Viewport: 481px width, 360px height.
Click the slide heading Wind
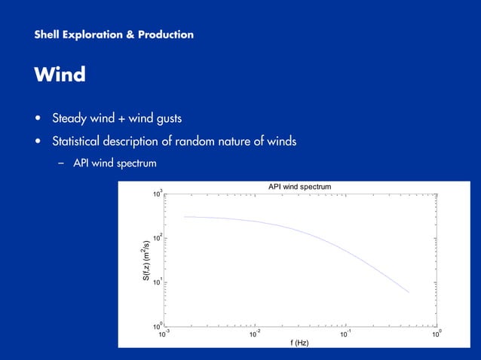click(x=60, y=75)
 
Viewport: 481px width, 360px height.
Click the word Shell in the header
click(x=47, y=35)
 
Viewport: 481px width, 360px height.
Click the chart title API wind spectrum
click(x=299, y=187)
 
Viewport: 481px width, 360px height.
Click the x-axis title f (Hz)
click(x=299, y=343)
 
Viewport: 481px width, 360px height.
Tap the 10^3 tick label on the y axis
click(x=158, y=195)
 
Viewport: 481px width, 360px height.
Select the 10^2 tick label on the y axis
click(x=158, y=239)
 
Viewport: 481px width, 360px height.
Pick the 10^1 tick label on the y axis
click(x=158, y=283)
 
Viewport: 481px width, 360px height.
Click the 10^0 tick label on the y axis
click(x=158, y=327)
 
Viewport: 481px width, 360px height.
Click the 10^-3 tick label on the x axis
click(x=164, y=334)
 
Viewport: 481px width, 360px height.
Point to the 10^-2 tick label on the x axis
click(x=255, y=334)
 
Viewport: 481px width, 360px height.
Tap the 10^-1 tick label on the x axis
click(x=345, y=334)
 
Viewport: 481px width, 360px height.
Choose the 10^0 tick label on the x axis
click(x=437, y=334)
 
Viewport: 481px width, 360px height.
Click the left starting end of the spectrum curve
click(x=185, y=217)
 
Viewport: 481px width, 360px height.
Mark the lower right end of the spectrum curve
click(x=409, y=292)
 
